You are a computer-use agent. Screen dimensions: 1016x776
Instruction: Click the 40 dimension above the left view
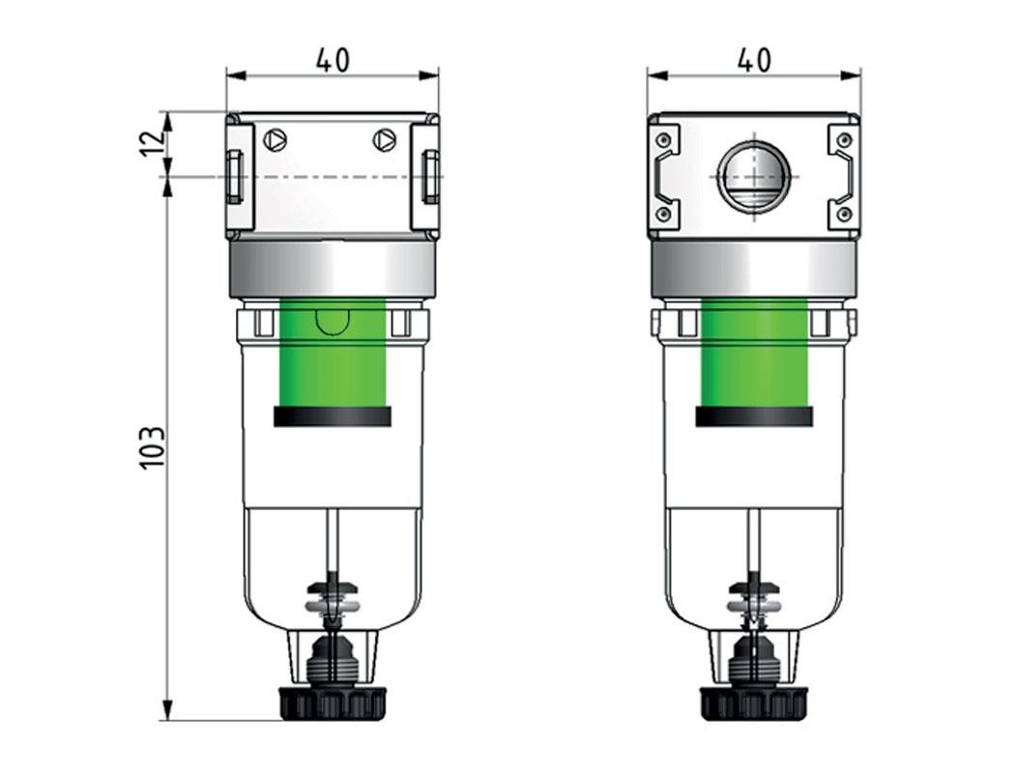pos(332,60)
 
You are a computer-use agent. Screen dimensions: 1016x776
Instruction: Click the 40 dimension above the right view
pos(753,60)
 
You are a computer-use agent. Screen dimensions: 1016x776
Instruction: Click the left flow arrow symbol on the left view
pos(276,141)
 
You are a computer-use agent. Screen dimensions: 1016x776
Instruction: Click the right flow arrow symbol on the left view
pos(385,141)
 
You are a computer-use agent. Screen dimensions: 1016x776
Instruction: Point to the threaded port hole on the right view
pos(753,177)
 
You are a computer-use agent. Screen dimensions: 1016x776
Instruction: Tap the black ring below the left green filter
pos(333,417)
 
